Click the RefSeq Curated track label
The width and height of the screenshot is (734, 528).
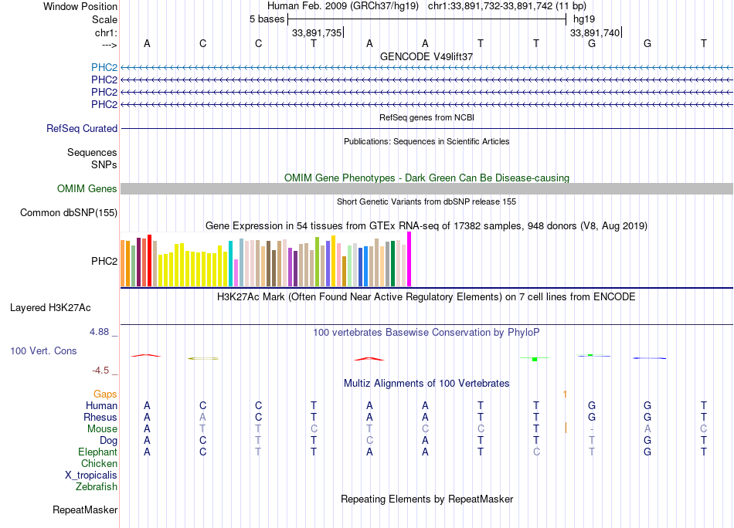(x=82, y=129)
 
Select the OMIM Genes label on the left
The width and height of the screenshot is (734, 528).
(x=87, y=189)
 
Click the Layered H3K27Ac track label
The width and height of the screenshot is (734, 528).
(x=50, y=307)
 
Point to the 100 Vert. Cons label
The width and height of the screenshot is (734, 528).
(x=43, y=350)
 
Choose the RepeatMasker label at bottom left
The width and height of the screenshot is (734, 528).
(x=85, y=510)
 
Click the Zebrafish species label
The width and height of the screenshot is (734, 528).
(x=97, y=487)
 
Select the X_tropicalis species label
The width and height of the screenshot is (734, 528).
(x=91, y=476)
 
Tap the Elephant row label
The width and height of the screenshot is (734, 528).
(x=97, y=452)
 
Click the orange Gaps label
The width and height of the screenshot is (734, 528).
(x=105, y=394)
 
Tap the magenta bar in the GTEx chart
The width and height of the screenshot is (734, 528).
(x=409, y=259)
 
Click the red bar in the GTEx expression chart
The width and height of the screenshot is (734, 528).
(x=149, y=261)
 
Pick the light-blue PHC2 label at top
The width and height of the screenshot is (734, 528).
(x=104, y=67)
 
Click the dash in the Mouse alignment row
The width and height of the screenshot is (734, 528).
(x=591, y=429)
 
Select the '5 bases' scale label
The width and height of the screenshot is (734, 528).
(x=266, y=19)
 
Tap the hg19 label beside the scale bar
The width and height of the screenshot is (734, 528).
(x=583, y=19)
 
